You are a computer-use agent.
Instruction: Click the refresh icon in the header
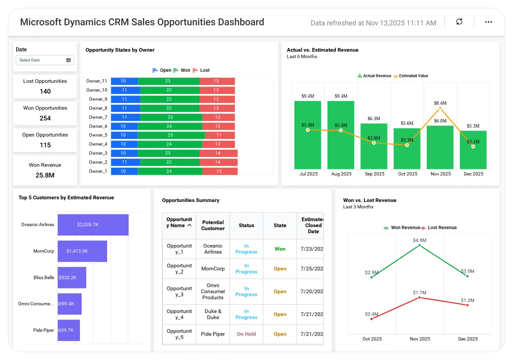pos(459,22)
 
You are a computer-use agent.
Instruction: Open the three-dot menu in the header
pos(488,22)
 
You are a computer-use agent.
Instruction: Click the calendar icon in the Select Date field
pos(68,60)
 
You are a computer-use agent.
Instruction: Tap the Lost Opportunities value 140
pos(45,91)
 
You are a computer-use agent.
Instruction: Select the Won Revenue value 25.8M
pos(45,175)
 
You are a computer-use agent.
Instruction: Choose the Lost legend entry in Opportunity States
pos(201,70)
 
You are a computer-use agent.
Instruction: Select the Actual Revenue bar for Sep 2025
pos(374,146)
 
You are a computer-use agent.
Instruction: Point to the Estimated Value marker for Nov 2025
pos(440,108)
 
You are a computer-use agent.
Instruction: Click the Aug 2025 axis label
pos(341,174)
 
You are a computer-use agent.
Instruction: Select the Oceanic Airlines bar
pos(93,225)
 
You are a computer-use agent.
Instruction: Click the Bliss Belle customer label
pos(44,277)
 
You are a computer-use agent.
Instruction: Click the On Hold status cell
pos(246,334)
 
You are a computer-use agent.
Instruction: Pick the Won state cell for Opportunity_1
pos(280,249)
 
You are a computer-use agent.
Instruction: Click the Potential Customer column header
pos(213,225)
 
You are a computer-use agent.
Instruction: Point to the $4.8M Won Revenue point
pos(419,245)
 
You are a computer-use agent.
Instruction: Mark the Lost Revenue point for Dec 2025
pos(467,305)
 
